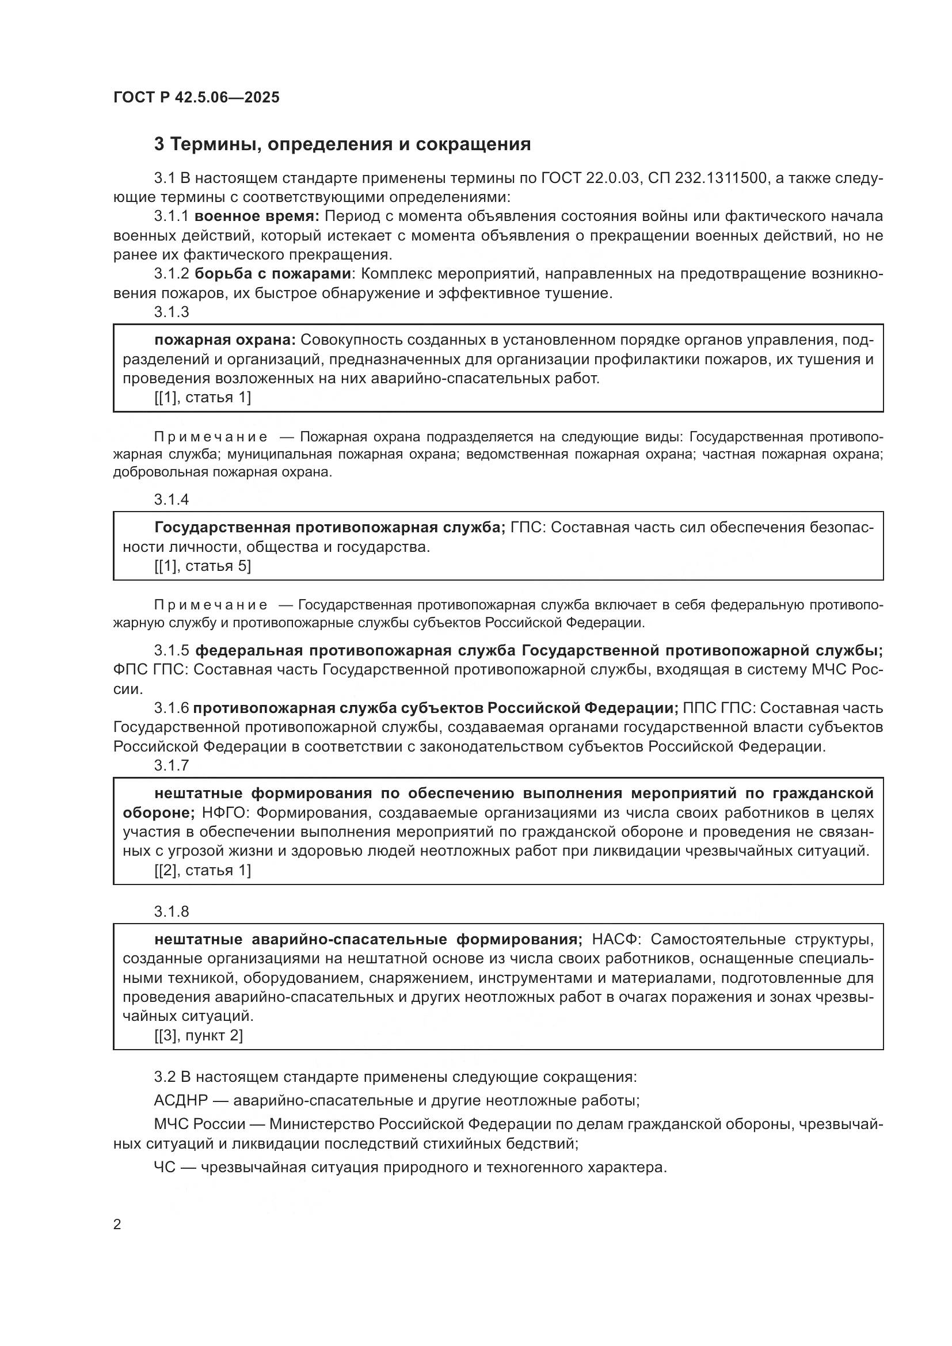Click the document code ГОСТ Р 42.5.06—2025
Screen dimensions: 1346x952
(196, 97)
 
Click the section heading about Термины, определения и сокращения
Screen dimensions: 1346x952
(342, 144)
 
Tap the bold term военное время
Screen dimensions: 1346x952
(256, 216)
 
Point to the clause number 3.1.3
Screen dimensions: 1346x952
(171, 312)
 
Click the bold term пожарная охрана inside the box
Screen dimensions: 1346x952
(226, 340)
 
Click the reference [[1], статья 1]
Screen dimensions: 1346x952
(202, 398)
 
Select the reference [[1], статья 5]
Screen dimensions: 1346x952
(202, 566)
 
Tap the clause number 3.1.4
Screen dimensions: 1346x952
(171, 499)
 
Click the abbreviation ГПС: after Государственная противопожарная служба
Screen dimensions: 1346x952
(528, 528)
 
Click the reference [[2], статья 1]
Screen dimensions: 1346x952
(202, 871)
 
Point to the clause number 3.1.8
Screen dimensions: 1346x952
(171, 912)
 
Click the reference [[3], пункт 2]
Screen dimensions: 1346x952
(198, 1035)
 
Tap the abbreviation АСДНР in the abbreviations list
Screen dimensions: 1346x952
(181, 1101)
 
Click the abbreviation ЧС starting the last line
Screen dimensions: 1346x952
(164, 1167)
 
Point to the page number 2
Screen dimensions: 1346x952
(117, 1225)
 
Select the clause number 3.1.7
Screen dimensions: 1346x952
(171, 765)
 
